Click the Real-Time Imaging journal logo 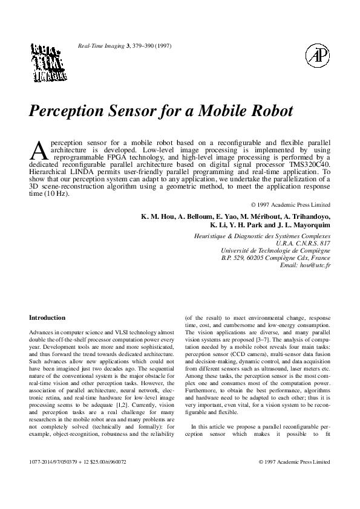tap(48, 62)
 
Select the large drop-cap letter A tap(38, 149)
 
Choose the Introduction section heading tap(47, 317)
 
